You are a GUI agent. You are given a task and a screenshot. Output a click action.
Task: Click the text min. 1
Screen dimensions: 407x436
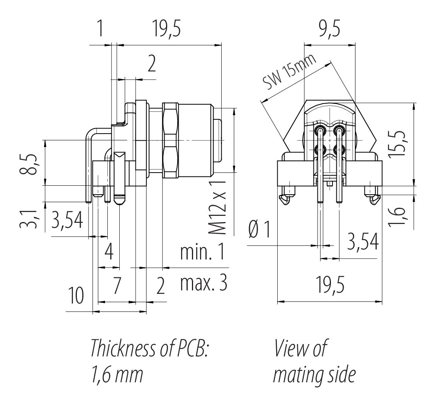point(202,253)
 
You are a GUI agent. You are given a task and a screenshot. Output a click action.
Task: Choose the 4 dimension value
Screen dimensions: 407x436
point(109,253)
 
